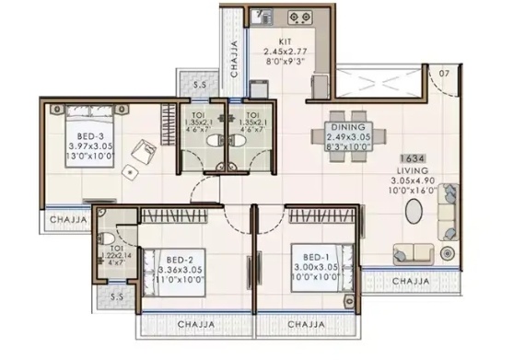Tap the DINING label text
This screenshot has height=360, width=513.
point(345,127)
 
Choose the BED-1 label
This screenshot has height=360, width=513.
point(309,248)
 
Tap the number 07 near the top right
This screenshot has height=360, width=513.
point(446,73)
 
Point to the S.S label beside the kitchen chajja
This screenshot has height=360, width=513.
point(202,86)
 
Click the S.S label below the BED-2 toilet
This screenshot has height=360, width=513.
point(117,298)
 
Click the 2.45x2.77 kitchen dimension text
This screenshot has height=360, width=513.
point(286,53)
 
